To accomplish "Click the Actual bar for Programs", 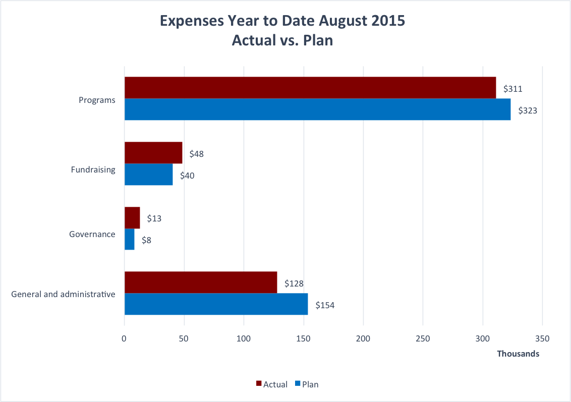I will click(310, 88).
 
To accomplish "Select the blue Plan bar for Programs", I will click(317, 109).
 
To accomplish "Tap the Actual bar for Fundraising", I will click(153, 153).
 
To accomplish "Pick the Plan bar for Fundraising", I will click(148, 175).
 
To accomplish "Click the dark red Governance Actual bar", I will click(132, 218).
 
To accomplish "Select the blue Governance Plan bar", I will click(130, 239).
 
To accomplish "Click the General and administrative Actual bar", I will click(201, 282).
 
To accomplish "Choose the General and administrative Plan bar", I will click(216, 304).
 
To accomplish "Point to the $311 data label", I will click(512, 89).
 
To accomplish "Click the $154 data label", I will click(325, 305).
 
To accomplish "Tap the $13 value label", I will click(154, 219).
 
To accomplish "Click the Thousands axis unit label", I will click(518, 354).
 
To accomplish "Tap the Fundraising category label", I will click(93, 169).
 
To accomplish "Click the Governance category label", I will click(92, 234).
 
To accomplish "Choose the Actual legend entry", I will click(272, 384).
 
